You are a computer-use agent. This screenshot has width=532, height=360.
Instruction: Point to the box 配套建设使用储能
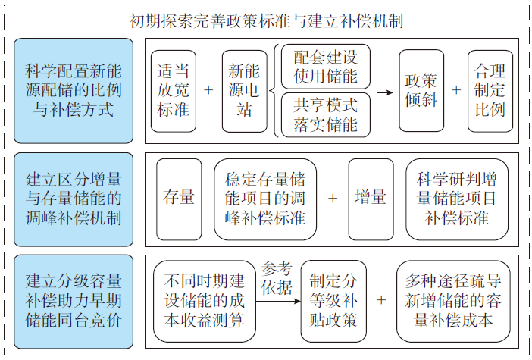click(x=326, y=67)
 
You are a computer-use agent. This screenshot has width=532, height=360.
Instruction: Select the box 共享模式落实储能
click(x=326, y=114)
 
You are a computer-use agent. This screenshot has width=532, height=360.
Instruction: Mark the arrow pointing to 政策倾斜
click(x=385, y=92)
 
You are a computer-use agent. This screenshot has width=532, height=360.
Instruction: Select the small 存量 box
click(x=179, y=199)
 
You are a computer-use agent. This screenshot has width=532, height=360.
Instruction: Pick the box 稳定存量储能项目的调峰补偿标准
click(x=265, y=199)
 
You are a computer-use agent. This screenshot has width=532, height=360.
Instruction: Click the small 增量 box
click(x=371, y=199)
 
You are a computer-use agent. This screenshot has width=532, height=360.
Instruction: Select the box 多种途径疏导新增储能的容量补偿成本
click(x=453, y=301)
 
